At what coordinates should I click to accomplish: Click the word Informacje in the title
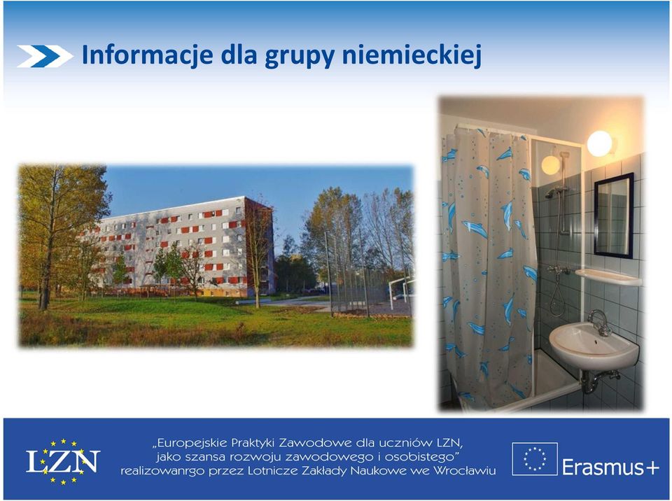pyautogui.click(x=147, y=55)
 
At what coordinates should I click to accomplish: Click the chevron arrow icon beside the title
pyautogui.click(x=45, y=56)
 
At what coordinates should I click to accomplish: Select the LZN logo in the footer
pyautogui.click(x=63, y=461)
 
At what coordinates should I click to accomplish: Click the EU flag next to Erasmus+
pyautogui.click(x=535, y=459)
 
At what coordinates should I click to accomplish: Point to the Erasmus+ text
pyautogui.click(x=610, y=467)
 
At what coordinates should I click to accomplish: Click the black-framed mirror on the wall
pyautogui.click(x=614, y=215)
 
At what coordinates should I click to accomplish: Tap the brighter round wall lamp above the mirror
pyautogui.click(x=600, y=143)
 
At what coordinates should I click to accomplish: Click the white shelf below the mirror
pyautogui.click(x=608, y=277)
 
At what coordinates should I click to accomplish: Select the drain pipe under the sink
pyautogui.click(x=596, y=381)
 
